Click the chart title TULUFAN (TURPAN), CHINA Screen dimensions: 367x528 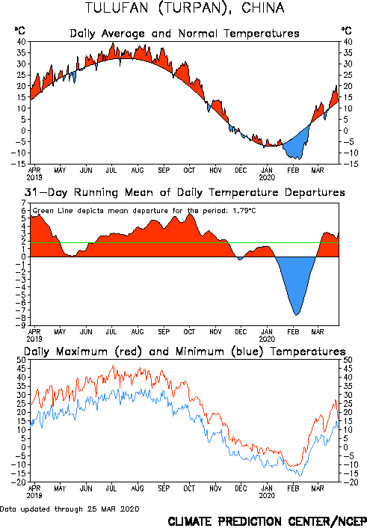click(x=185, y=7)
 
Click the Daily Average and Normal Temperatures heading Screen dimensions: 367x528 click(x=185, y=34)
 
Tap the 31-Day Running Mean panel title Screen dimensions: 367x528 click(x=185, y=192)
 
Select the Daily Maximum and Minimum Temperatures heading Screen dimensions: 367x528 click(x=185, y=352)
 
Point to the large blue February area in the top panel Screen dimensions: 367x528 click(x=297, y=146)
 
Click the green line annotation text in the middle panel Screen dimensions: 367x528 click(x=144, y=211)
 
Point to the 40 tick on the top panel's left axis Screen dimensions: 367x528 click(x=21, y=42)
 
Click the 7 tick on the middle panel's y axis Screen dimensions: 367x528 click(x=23, y=203)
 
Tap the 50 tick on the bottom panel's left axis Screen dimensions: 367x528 click(x=21, y=360)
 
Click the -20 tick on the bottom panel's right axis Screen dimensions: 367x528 click(x=348, y=482)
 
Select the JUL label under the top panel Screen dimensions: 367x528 click(x=111, y=170)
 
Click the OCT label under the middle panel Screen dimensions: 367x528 click(x=189, y=332)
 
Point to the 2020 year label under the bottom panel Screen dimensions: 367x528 click(x=267, y=495)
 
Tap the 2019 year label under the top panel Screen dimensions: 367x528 click(x=34, y=177)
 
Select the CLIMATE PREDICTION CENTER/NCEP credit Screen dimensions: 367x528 click(x=267, y=521)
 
